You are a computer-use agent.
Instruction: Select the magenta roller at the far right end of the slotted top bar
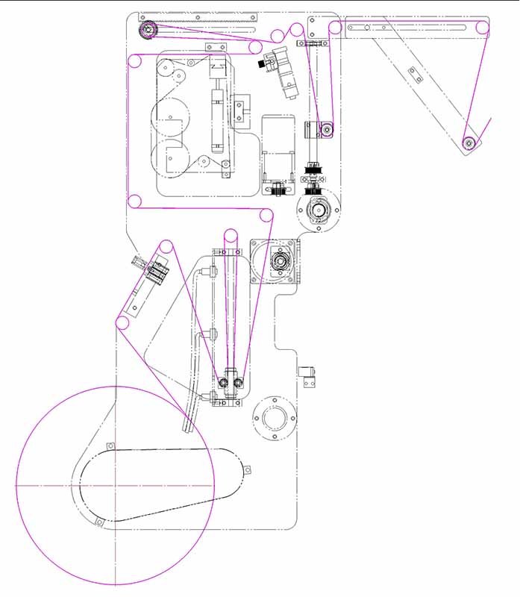pos(482,29)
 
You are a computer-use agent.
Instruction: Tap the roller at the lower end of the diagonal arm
pos(469,143)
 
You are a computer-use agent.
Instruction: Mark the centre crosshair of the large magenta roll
pos(115,485)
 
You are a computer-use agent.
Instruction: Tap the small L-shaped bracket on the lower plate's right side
pos(309,375)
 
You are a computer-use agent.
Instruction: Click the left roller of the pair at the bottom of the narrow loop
pos(223,384)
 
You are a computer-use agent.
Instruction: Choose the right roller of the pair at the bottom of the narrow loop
pos(238,384)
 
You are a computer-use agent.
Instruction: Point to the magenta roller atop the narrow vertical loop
pos(231,237)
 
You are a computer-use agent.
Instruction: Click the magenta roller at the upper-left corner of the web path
pos(135,60)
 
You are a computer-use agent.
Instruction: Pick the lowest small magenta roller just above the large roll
pos(122,323)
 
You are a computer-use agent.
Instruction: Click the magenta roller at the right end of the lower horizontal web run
pos(266,216)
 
